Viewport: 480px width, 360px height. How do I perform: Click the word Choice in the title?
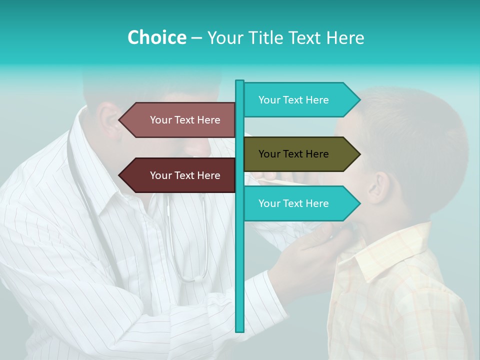click(x=156, y=37)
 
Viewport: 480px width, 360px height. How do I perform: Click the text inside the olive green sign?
click(x=293, y=154)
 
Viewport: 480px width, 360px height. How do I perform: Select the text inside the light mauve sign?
click(x=185, y=120)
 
